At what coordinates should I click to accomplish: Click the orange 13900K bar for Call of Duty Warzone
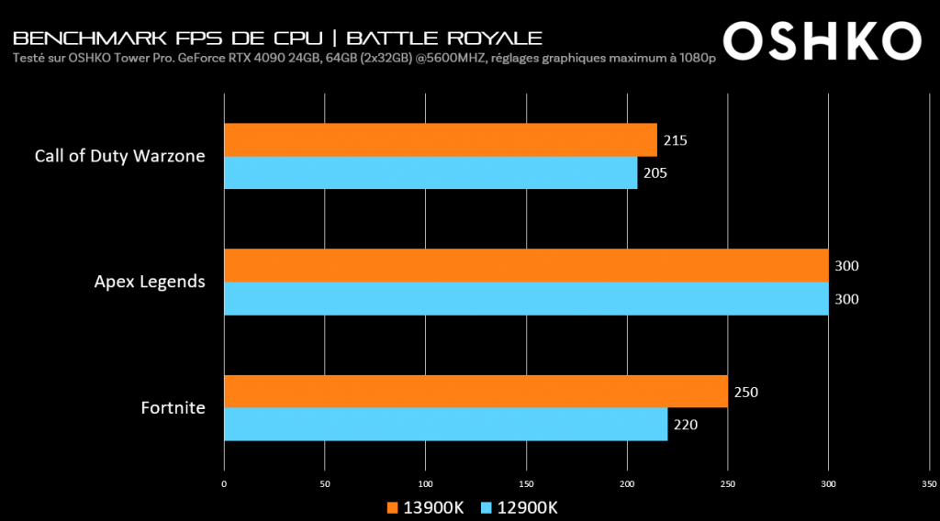(x=441, y=139)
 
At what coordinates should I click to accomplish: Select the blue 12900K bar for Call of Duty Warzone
(x=431, y=172)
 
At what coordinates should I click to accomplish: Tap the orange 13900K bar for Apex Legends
(x=526, y=265)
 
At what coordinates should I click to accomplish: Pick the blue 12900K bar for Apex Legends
(x=526, y=299)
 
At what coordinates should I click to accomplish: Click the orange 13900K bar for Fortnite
(x=476, y=391)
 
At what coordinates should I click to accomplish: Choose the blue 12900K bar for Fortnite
(x=445, y=424)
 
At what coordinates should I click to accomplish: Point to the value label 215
(x=675, y=140)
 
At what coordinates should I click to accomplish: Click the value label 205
(x=655, y=173)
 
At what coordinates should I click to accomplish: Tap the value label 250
(x=745, y=392)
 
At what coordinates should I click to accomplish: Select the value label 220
(x=685, y=425)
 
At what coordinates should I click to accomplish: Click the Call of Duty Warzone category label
(x=119, y=156)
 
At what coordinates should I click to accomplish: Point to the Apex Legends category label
(x=150, y=282)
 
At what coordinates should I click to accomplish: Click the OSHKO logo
(x=822, y=41)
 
